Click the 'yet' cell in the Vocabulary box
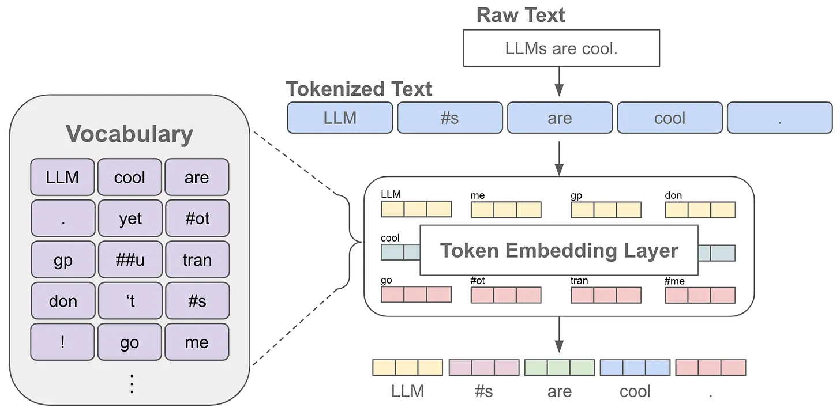(130, 218)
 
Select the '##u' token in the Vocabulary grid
(130, 260)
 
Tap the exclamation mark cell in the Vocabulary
(63, 342)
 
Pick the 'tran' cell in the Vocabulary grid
(197, 260)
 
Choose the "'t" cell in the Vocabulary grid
(130, 301)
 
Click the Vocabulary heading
(129, 134)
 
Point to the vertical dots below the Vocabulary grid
(132, 383)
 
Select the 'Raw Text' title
(520, 15)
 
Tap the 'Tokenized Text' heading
(359, 89)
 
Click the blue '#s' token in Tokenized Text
(449, 118)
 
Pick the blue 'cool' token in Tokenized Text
(669, 118)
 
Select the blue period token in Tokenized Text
(779, 118)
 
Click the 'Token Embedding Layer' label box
(558, 251)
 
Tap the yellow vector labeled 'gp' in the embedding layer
(606, 209)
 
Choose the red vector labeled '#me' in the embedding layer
(700, 295)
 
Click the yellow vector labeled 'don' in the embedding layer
(700, 209)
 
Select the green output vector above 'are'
(559, 368)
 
